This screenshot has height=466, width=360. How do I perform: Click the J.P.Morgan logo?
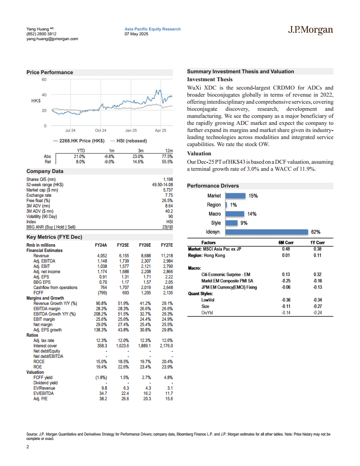(310, 30)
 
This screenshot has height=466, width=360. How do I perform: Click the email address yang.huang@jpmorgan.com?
(52, 39)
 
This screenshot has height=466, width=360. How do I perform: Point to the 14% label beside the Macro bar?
(252, 214)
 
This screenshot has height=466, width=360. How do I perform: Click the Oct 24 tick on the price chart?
(101, 131)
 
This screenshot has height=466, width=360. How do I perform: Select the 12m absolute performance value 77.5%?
(167, 156)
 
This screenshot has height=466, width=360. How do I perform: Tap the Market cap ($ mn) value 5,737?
(167, 190)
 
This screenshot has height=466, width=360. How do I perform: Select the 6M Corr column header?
(286, 243)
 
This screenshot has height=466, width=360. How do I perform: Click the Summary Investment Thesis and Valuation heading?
(240, 71)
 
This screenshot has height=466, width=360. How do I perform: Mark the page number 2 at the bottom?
(28, 447)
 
